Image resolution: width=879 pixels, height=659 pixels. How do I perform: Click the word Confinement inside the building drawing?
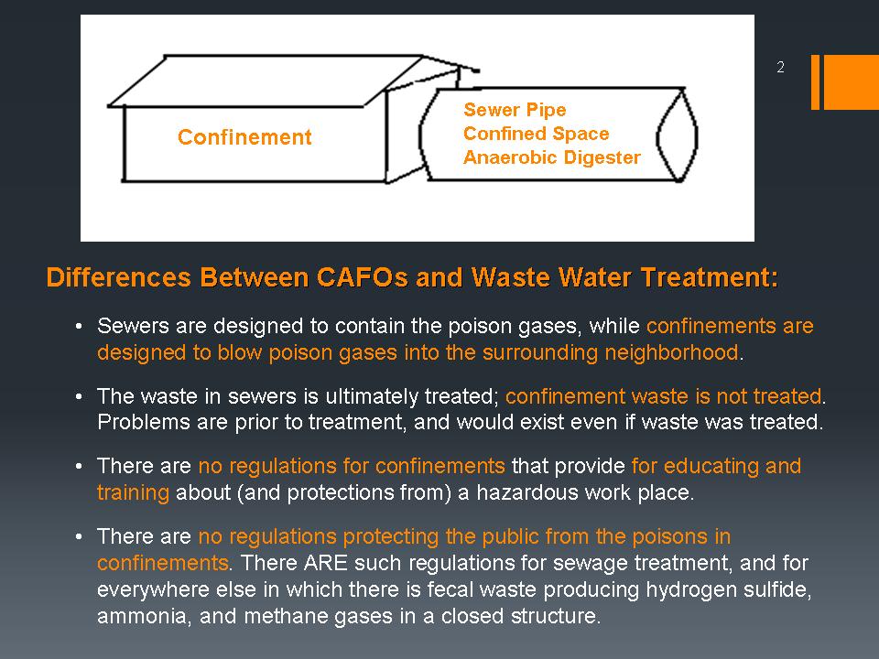(244, 137)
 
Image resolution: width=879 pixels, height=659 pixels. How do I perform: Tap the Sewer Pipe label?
(515, 110)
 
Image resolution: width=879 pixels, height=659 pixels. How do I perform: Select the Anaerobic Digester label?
(551, 157)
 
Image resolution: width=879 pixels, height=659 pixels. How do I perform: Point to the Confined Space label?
(536, 134)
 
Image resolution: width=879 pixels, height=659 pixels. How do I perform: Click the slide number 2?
(780, 67)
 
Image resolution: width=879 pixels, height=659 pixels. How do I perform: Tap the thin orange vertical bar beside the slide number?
(815, 81)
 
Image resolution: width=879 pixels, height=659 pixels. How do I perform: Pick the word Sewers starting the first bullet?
(133, 326)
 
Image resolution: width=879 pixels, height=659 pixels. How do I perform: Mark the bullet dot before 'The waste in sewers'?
(79, 396)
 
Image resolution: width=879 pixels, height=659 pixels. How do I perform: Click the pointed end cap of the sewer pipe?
(677, 135)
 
